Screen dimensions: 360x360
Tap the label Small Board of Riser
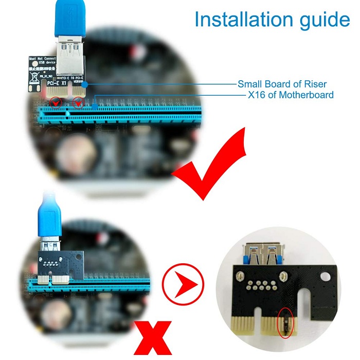(x=282, y=84)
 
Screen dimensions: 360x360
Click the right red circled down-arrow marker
(x=78, y=103)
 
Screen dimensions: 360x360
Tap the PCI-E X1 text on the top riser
(x=56, y=82)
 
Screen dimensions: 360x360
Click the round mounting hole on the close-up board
(x=323, y=277)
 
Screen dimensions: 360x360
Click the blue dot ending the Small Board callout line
(x=87, y=83)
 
